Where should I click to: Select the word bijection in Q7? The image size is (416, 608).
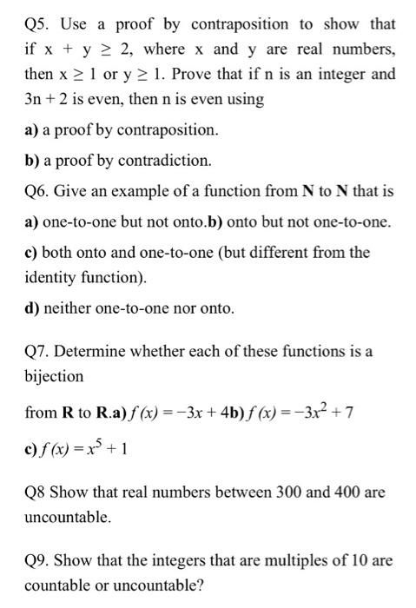(54, 377)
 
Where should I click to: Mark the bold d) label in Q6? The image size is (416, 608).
(31, 307)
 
